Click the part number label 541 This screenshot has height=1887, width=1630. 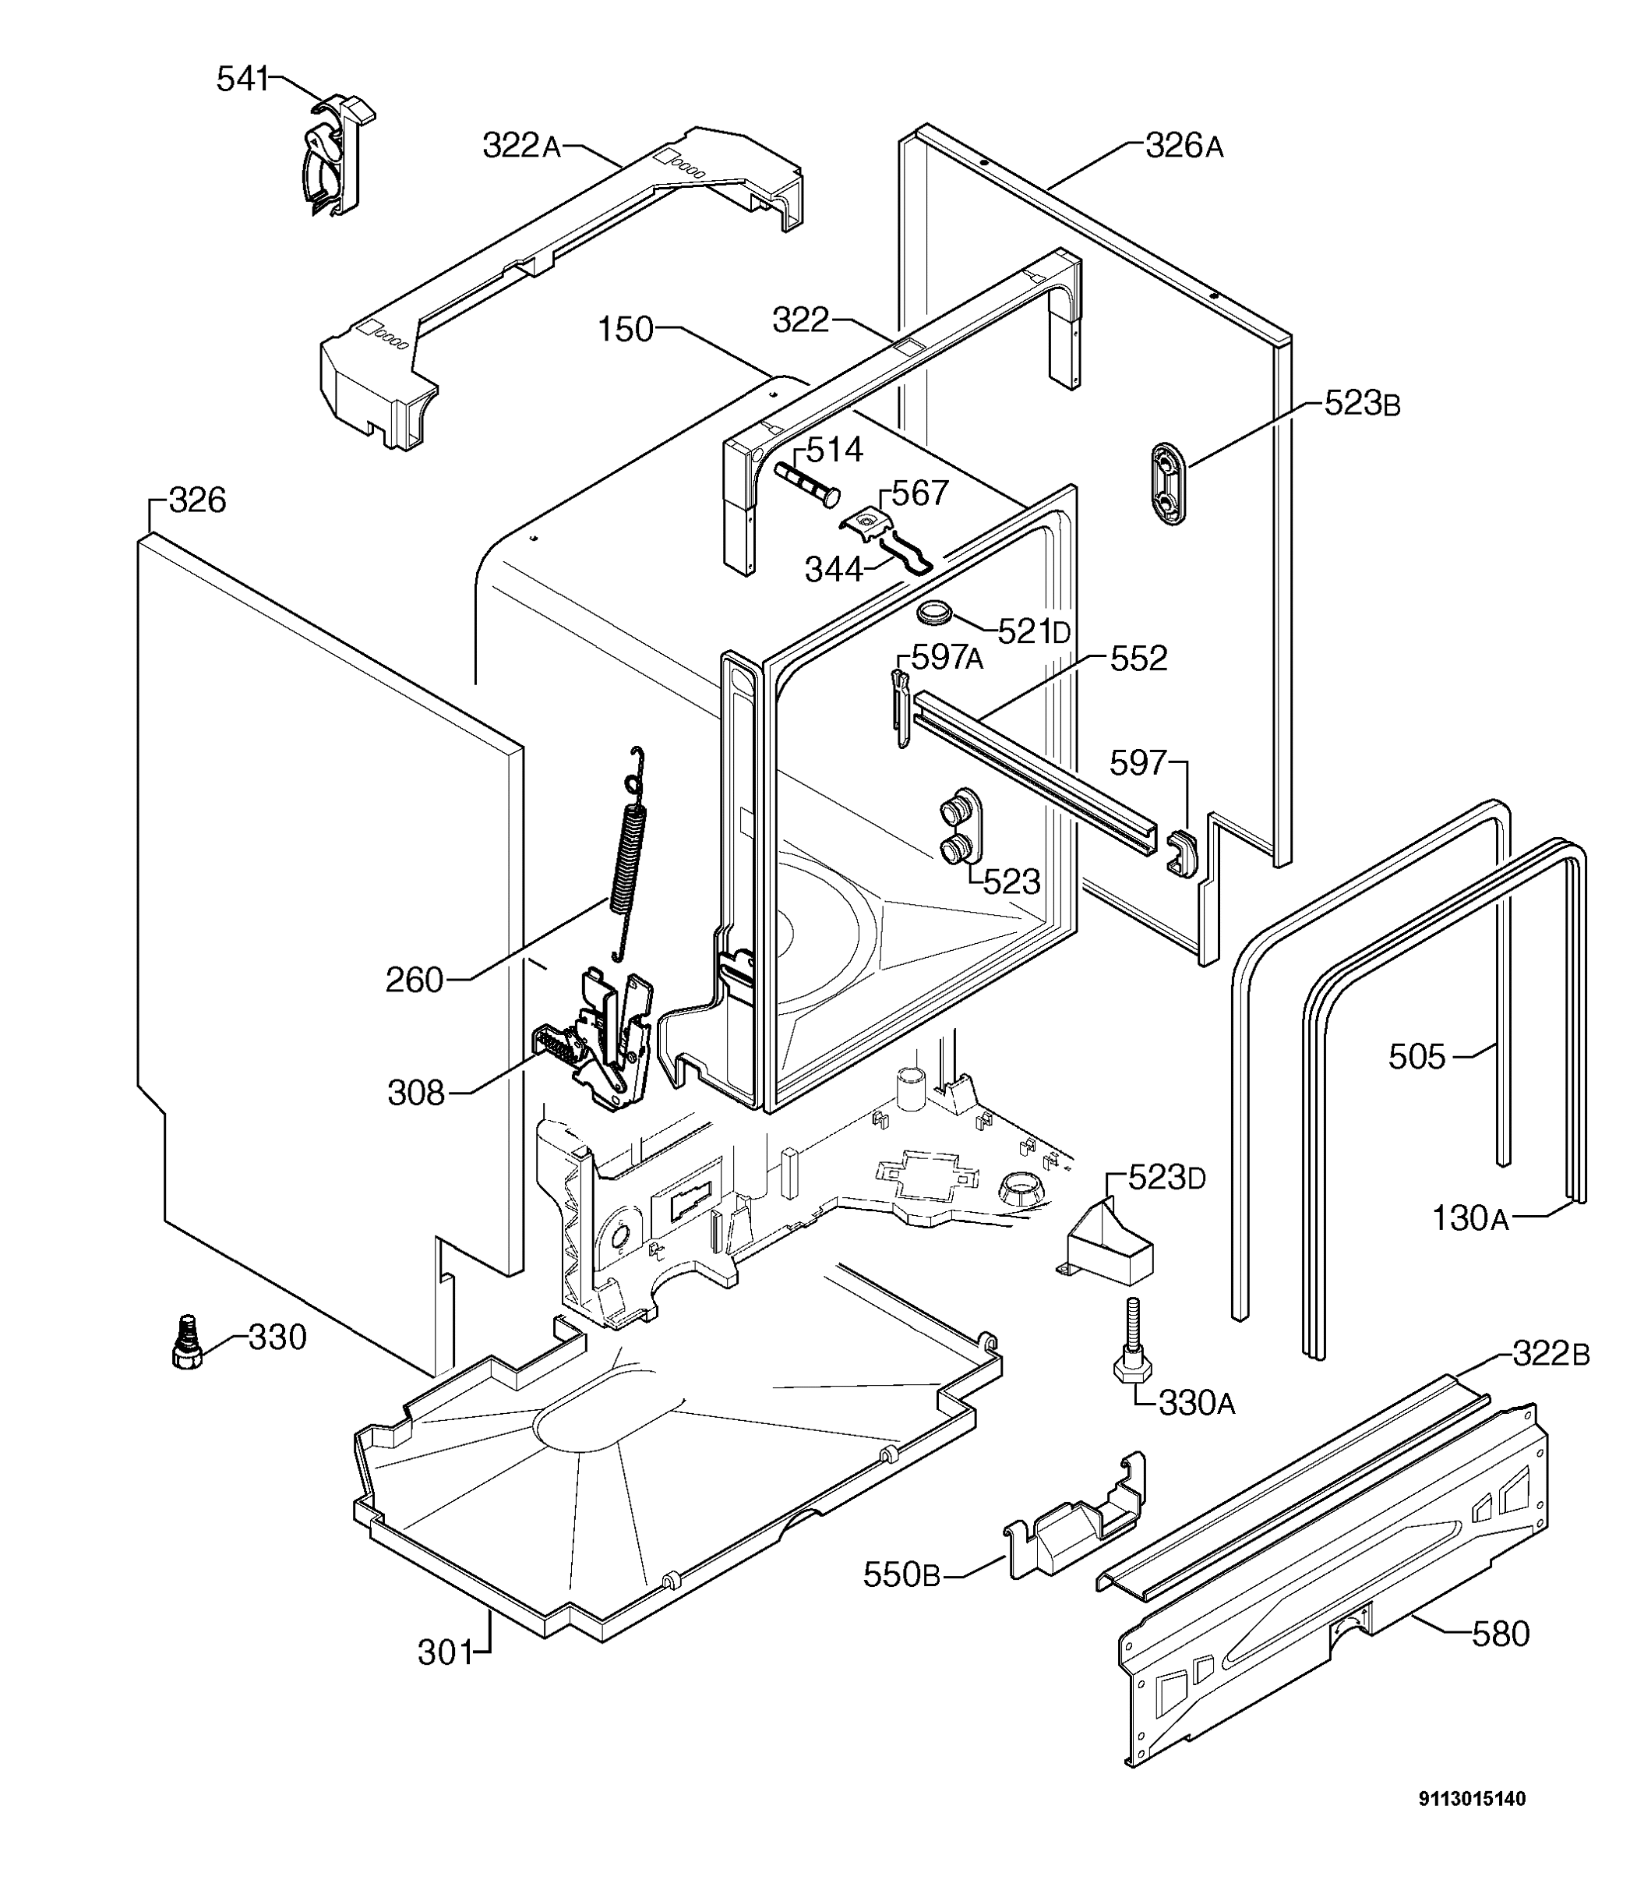(242, 80)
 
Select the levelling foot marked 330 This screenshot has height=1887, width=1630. (188, 1341)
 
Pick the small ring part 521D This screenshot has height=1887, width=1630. (933, 612)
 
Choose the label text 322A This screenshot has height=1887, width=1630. (521, 146)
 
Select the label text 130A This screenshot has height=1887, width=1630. (1470, 1218)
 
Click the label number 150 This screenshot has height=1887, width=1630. (626, 329)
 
